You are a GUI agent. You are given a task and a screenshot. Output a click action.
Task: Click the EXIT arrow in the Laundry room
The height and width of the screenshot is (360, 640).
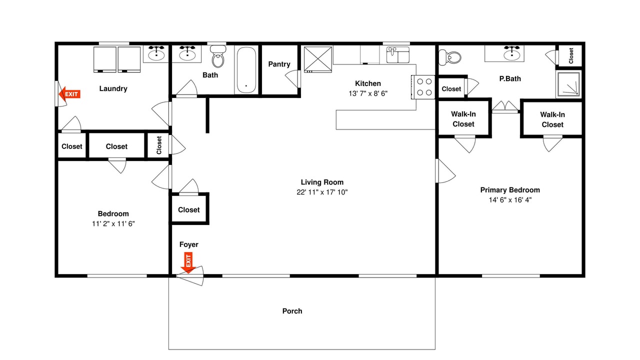(x=69, y=94)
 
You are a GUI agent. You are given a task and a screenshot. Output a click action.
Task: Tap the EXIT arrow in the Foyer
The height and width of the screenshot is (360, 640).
(x=188, y=262)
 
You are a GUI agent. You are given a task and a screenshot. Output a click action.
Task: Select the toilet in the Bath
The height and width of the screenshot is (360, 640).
(x=218, y=56)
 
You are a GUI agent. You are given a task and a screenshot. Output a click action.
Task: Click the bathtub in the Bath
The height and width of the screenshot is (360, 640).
(x=246, y=70)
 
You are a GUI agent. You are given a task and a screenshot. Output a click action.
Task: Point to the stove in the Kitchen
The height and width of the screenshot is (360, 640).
(x=423, y=87)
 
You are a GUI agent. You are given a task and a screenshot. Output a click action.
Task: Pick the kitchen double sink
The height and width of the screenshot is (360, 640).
(x=397, y=55)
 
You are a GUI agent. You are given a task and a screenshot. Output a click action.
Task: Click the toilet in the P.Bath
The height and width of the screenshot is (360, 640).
(x=450, y=57)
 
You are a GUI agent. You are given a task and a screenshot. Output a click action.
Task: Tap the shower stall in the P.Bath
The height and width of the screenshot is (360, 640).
(x=568, y=84)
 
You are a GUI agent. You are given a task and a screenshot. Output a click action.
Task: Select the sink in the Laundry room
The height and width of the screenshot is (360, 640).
(x=156, y=53)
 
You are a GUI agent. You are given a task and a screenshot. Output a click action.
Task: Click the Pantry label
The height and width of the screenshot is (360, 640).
(x=279, y=64)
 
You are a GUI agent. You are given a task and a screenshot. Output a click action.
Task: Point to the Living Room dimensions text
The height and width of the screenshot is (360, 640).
(x=322, y=192)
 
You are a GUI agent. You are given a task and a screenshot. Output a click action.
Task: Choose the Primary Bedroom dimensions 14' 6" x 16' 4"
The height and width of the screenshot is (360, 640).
(x=510, y=200)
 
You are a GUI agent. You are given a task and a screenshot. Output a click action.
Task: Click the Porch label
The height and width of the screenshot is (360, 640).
(x=292, y=311)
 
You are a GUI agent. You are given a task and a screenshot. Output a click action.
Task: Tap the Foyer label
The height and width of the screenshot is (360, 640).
(x=189, y=244)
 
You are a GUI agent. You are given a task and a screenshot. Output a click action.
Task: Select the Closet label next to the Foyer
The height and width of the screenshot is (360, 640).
(x=189, y=209)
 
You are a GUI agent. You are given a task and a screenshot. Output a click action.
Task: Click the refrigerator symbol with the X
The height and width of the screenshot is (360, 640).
(x=317, y=59)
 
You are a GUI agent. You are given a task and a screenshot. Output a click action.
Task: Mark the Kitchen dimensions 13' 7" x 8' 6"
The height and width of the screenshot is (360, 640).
(x=368, y=93)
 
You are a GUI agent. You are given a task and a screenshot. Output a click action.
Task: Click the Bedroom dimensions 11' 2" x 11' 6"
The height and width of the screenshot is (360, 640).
(x=113, y=223)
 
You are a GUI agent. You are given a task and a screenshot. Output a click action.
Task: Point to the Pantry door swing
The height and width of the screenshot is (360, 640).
(x=292, y=78)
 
